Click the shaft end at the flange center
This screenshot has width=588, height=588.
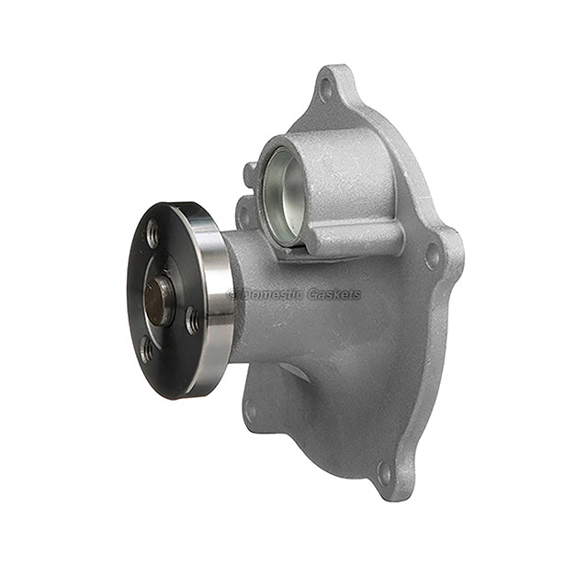point(159,300)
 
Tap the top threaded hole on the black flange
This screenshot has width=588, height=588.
point(153,233)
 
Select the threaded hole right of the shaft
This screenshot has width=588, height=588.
point(191,321)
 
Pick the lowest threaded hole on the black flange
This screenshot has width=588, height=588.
point(147,350)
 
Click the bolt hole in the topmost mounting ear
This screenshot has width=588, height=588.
point(326,89)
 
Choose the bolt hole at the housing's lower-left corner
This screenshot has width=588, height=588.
point(250,411)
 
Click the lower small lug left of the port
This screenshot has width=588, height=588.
point(244,214)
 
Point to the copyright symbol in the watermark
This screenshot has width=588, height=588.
point(232,295)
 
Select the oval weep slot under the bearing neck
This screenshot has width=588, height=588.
point(295,372)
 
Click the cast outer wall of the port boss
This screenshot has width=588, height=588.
point(349,184)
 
